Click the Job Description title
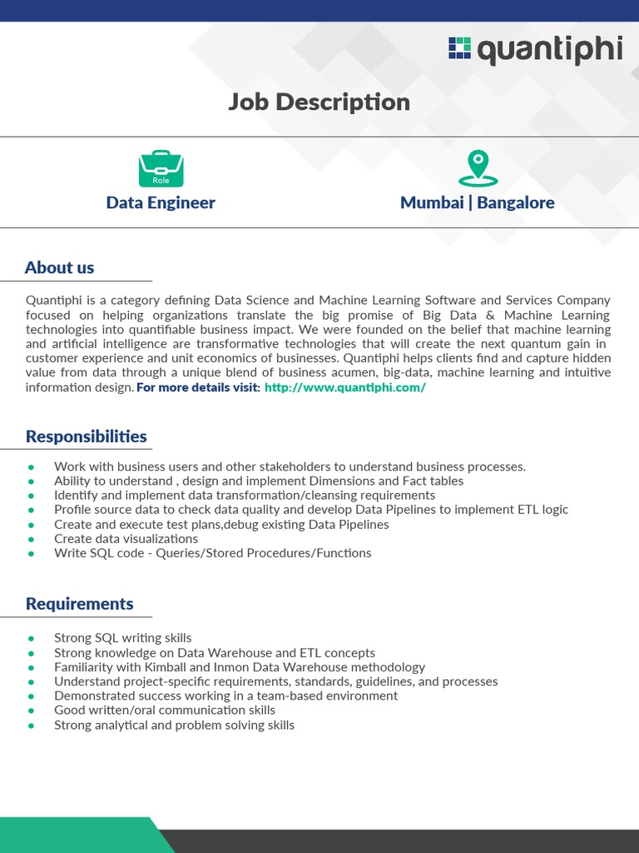pos(319,102)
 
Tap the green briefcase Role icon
pos(161,168)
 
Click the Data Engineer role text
pos(161,202)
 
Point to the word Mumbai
pos(432,202)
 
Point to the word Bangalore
pos(515,202)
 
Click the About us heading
pos(59,267)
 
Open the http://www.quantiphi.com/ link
pos(344,388)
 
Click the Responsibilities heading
pos(86,436)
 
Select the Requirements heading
pos(79,604)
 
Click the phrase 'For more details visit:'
pos(198,388)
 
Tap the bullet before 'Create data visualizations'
pos(32,539)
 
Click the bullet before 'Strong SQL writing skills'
pos(32,638)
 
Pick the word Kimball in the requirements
pos(165,667)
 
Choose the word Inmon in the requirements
pos(230,667)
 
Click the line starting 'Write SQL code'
pos(212,553)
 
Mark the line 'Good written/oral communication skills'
pos(164,711)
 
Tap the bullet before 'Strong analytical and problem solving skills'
pos(32,726)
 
